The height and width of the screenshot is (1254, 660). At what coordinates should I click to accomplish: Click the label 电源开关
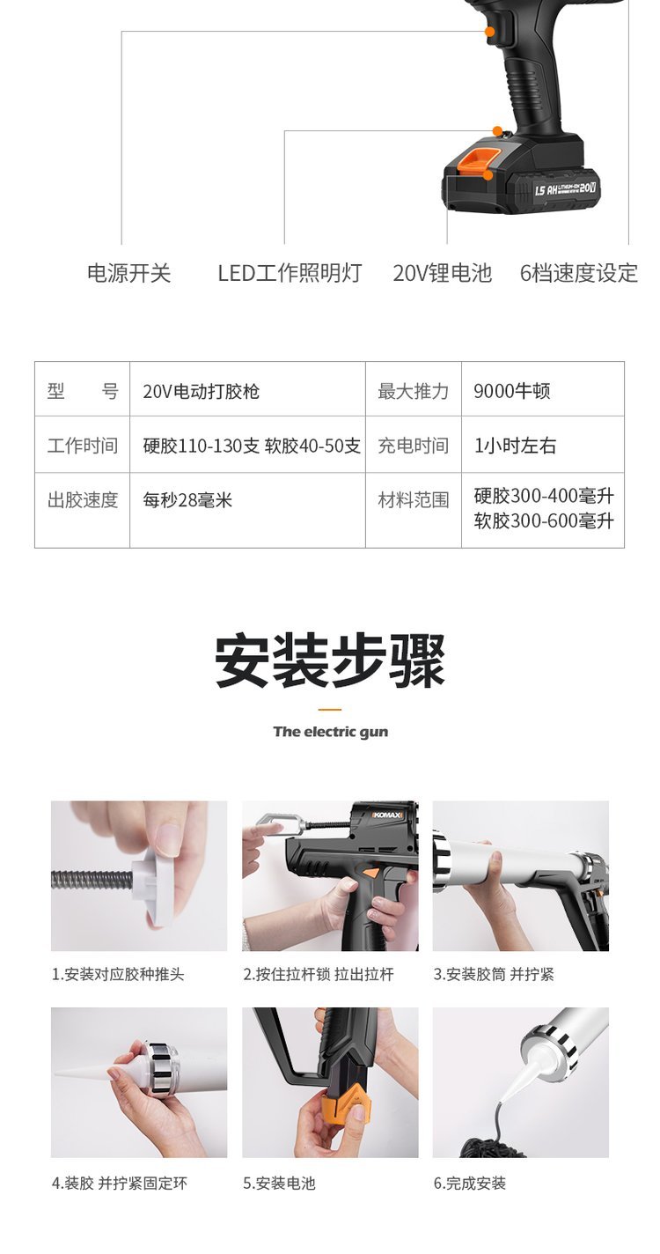[128, 273]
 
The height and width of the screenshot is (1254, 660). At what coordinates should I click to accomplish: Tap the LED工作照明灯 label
[290, 273]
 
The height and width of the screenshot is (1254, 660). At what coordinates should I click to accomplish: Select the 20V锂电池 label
[442, 273]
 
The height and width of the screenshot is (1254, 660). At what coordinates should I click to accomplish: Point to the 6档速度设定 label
[579, 273]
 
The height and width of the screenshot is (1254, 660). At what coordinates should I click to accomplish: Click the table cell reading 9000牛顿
[512, 391]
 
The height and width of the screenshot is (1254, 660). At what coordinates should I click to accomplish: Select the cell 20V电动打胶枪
[201, 391]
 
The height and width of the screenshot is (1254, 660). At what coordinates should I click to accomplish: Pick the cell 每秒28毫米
[187, 500]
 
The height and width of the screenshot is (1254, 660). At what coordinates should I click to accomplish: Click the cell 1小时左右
[515, 446]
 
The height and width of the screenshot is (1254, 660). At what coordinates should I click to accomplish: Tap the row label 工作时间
[82, 446]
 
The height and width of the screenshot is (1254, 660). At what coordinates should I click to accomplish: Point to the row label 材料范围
[414, 500]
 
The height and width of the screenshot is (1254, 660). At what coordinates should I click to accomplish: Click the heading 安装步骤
[330, 660]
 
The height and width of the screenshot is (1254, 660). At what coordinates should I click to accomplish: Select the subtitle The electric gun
[330, 732]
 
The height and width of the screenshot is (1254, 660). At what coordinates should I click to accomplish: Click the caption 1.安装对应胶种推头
[118, 974]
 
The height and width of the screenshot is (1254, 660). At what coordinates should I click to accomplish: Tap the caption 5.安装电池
[279, 1184]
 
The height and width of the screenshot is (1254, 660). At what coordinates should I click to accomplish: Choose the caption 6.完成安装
[470, 1184]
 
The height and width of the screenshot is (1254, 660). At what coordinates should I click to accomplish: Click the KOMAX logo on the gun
[387, 815]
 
